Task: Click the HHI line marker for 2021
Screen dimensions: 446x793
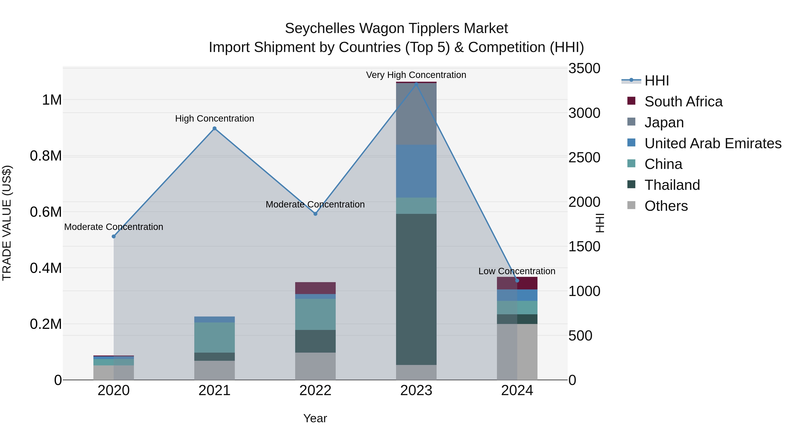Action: pyautogui.click(x=215, y=129)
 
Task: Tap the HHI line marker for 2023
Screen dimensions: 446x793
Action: pyautogui.click(x=416, y=84)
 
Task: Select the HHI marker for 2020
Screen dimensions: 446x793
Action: pyautogui.click(x=114, y=236)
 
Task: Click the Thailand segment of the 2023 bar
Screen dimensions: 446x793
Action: pyautogui.click(x=416, y=289)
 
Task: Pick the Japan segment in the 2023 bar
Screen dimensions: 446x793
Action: pyautogui.click(x=416, y=114)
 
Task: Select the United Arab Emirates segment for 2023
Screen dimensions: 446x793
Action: pyautogui.click(x=416, y=171)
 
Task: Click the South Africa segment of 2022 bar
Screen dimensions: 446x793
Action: pyautogui.click(x=315, y=288)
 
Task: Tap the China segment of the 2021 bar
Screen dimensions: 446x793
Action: pyautogui.click(x=215, y=337)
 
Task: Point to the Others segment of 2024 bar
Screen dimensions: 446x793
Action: pyautogui.click(x=517, y=352)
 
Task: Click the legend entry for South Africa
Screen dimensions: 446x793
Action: pyautogui.click(x=683, y=102)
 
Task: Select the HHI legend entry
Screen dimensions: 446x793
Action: pyautogui.click(x=656, y=81)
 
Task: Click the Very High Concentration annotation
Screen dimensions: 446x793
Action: pyautogui.click(x=416, y=75)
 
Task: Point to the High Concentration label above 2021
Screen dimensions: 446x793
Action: pyautogui.click(x=215, y=118)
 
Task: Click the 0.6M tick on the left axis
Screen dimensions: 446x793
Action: pyautogui.click(x=46, y=212)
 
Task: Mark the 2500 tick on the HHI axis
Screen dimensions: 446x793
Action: pyautogui.click(x=584, y=158)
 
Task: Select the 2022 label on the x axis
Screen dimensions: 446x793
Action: pyautogui.click(x=315, y=390)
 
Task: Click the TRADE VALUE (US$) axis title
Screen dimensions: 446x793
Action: pyautogui.click(x=7, y=223)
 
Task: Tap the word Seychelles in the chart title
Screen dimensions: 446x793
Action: pyautogui.click(x=320, y=28)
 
